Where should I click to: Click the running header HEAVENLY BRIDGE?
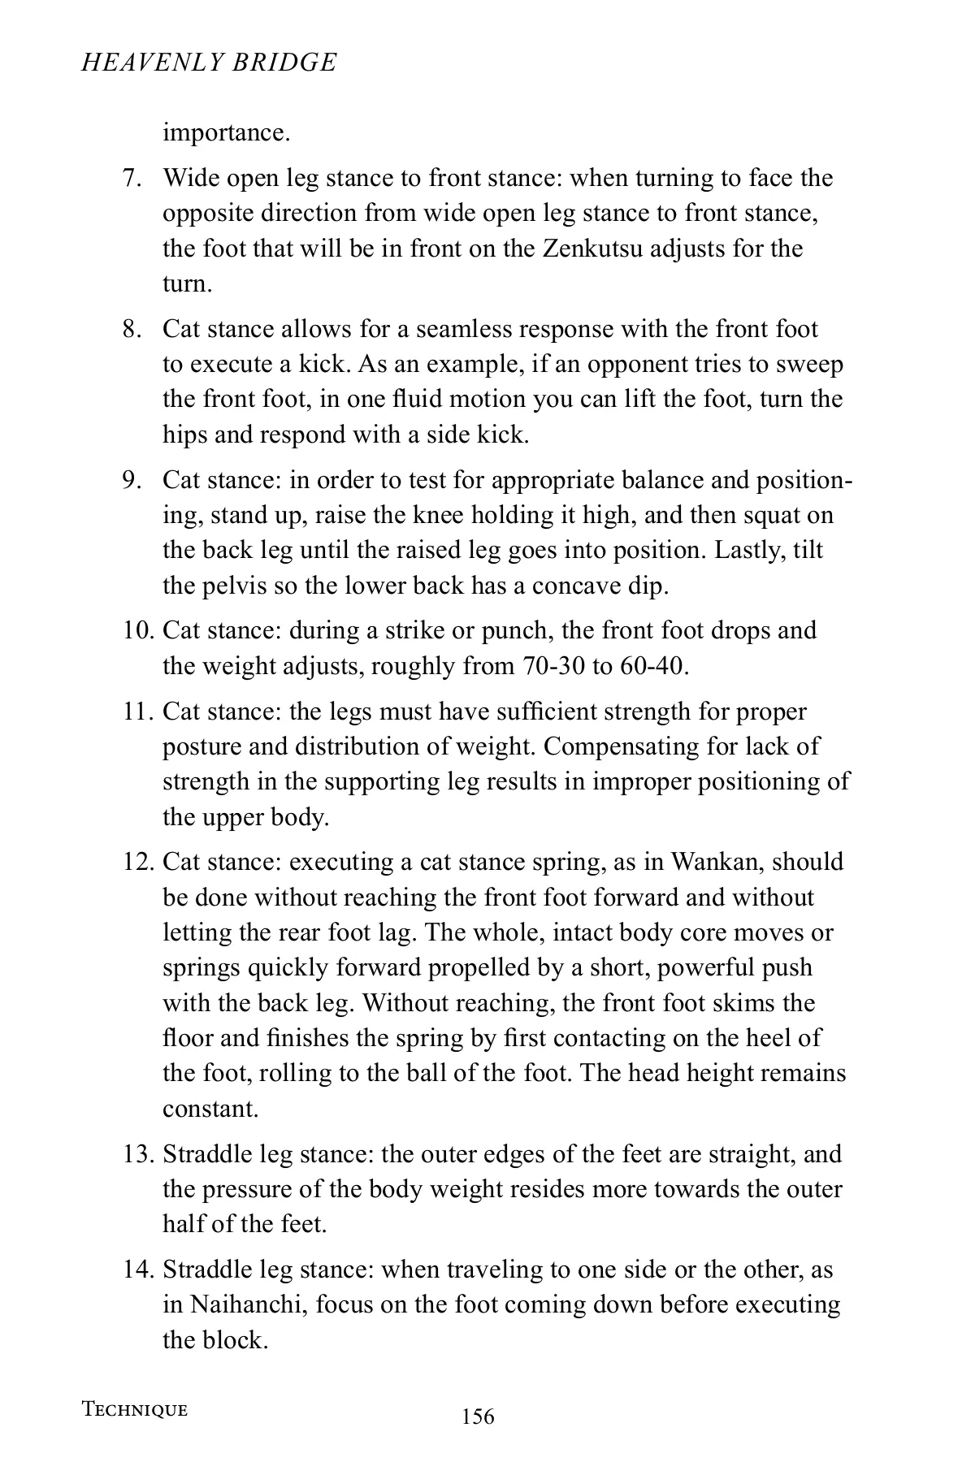click(x=209, y=63)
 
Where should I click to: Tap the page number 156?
click(x=478, y=1417)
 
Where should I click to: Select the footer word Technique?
click(x=135, y=1409)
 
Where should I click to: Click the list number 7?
click(x=132, y=178)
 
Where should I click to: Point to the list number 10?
click(x=138, y=630)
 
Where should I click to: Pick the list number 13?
click(x=138, y=1153)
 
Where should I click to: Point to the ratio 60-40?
click(x=652, y=666)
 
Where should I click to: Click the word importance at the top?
click(x=226, y=132)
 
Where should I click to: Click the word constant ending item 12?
click(x=210, y=1109)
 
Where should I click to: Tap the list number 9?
click(x=132, y=480)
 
